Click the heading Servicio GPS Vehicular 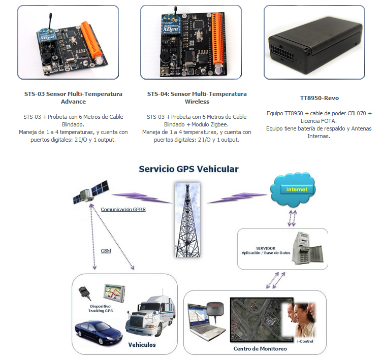pos(188,169)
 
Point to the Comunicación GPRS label pos(123,209)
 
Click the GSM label pos(106,251)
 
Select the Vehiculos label pos(142,345)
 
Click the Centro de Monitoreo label pos(260,349)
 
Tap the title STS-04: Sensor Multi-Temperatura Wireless pos(197,97)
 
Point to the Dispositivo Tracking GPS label pos(101,308)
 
